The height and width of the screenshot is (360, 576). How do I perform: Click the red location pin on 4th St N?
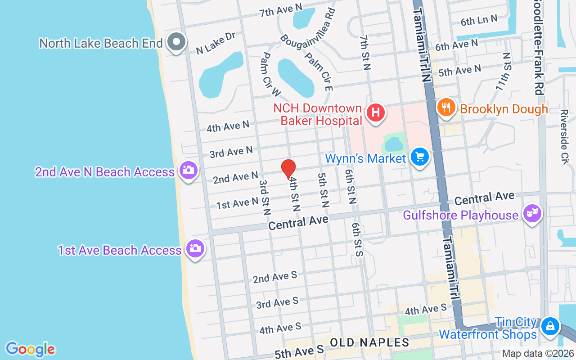(288, 169)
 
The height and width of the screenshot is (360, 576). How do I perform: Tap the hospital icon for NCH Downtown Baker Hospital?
(376, 112)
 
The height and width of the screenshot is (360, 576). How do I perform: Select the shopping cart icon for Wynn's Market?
(420, 157)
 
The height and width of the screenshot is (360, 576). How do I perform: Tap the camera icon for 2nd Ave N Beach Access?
(189, 170)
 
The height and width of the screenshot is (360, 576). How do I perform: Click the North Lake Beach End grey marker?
(176, 42)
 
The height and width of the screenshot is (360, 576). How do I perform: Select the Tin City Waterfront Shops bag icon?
(550, 326)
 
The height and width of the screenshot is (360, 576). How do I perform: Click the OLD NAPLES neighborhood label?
(369, 342)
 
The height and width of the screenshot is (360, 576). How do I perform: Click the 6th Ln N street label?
(479, 20)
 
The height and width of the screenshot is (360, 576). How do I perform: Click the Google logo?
(30, 349)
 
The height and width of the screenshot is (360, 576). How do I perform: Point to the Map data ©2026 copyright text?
(537, 354)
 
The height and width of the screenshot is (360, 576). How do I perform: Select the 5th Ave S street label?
(299, 351)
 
